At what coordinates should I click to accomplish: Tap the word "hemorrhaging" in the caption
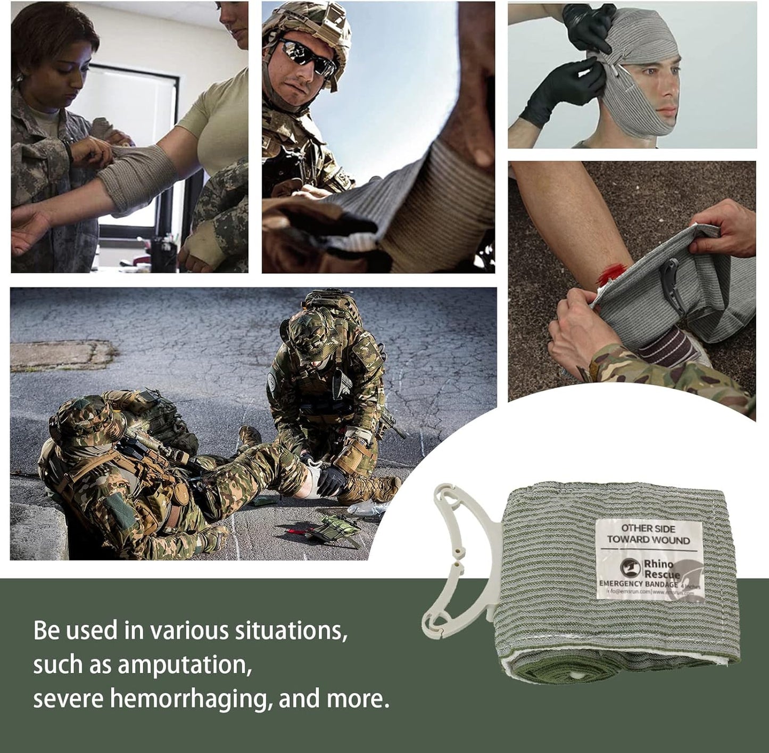tap(187, 699)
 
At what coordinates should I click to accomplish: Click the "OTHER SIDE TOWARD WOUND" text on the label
tap(648, 534)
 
